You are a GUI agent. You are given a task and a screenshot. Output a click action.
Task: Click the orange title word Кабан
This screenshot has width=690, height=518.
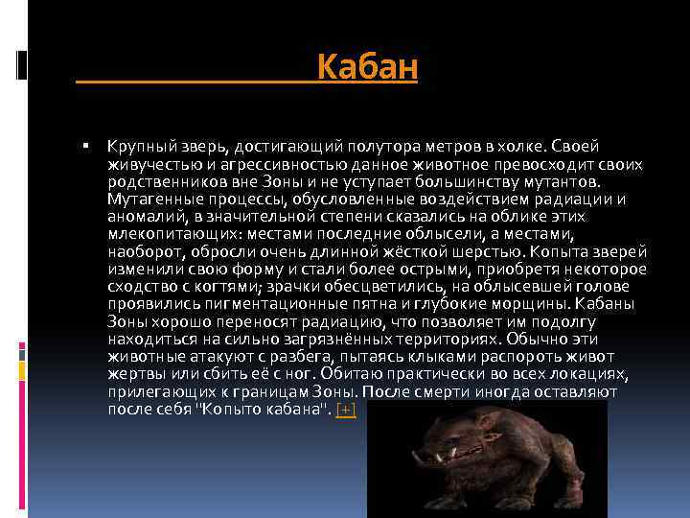[367, 68]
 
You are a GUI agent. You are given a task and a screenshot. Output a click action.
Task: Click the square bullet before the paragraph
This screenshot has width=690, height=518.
[85, 145]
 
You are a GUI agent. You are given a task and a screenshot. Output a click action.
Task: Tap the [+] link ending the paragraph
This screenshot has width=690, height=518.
[346, 410]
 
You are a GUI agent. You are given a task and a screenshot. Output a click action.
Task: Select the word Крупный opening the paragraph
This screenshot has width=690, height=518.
[138, 146]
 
